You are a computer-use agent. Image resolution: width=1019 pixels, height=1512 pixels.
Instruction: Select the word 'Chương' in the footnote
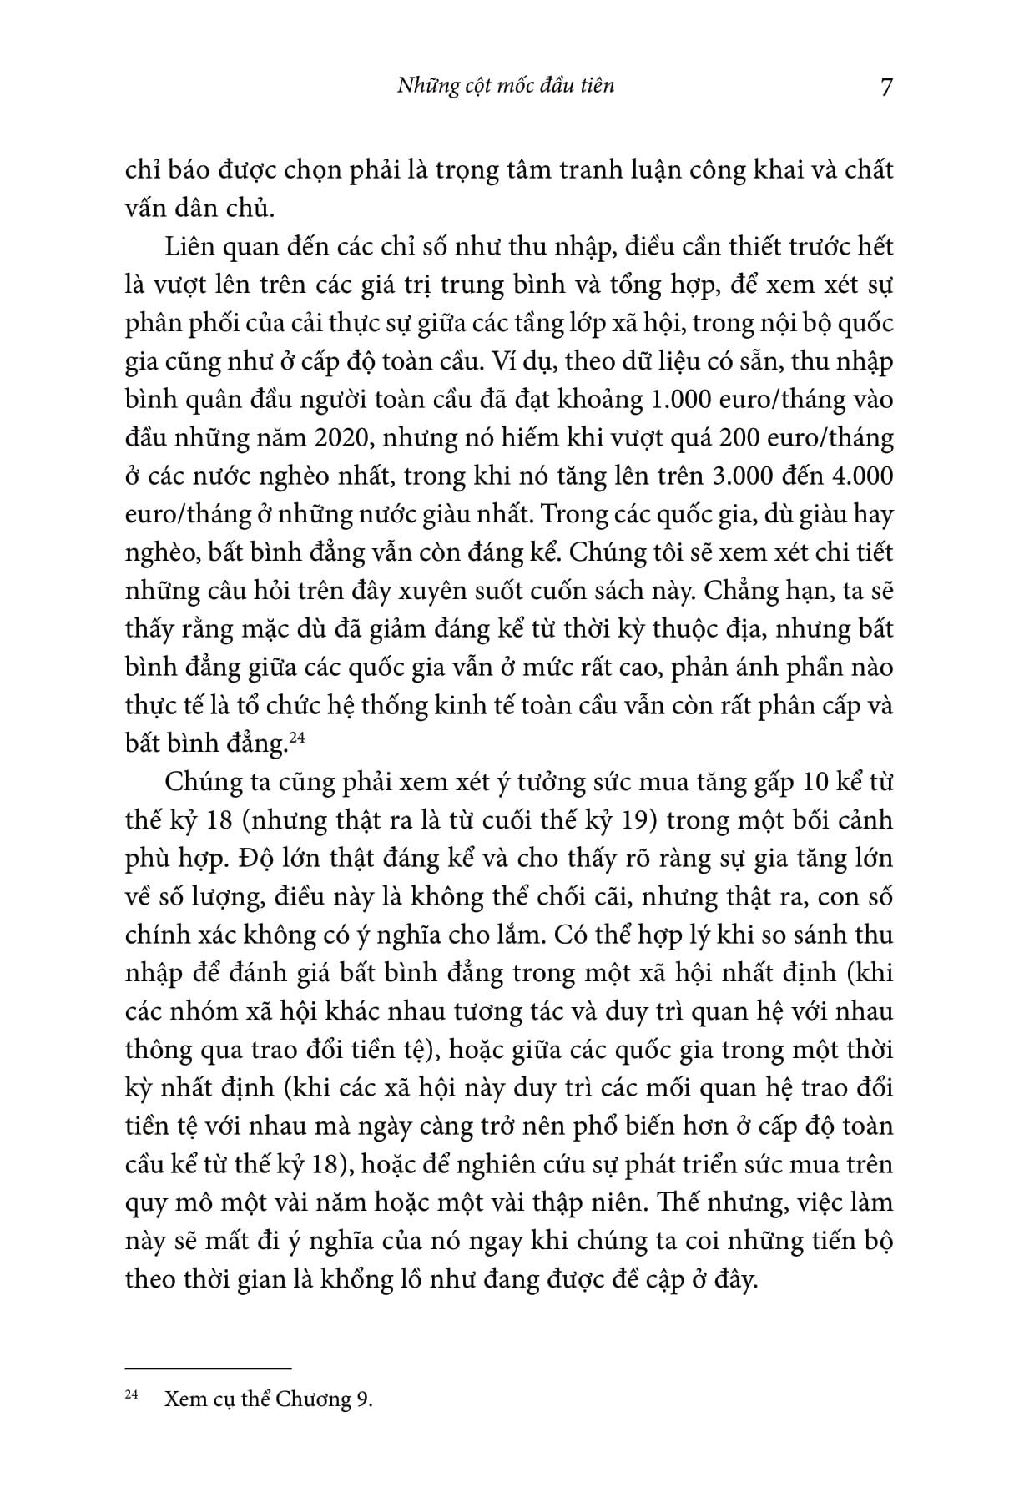[x=321, y=1399]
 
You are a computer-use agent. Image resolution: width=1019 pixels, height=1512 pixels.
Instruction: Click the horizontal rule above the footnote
[x=208, y=1368]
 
